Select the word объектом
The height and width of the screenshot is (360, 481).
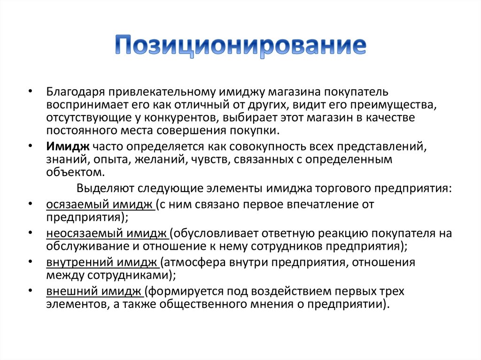(x=76, y=172)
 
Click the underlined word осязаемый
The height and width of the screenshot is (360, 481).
(x=78, y=205)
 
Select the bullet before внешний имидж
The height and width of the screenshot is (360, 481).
(x=30, y=290)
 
